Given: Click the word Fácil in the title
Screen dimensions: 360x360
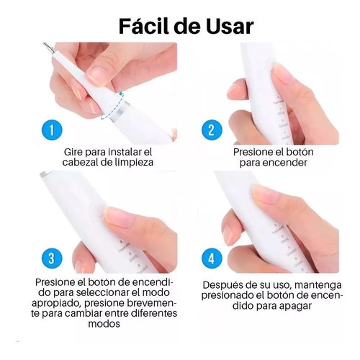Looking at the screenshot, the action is (143, 26).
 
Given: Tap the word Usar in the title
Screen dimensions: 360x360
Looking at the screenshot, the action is (229, 26).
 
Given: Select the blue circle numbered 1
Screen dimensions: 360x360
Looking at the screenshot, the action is (52, 130).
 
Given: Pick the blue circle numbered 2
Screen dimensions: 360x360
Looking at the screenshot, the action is (212, 130).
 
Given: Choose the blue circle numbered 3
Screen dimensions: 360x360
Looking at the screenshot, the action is (52, 258).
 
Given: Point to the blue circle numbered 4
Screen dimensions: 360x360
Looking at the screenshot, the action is (212, 258).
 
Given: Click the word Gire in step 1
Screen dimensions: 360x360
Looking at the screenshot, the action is (73, 152).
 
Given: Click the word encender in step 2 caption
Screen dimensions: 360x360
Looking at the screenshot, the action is (284, 163).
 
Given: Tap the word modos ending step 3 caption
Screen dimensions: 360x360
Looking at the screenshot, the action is (104, 324).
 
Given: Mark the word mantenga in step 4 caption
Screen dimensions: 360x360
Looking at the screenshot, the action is (318, 285).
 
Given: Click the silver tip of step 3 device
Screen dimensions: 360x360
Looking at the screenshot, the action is (45, 174).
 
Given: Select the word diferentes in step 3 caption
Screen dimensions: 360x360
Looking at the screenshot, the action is (153, 313).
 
